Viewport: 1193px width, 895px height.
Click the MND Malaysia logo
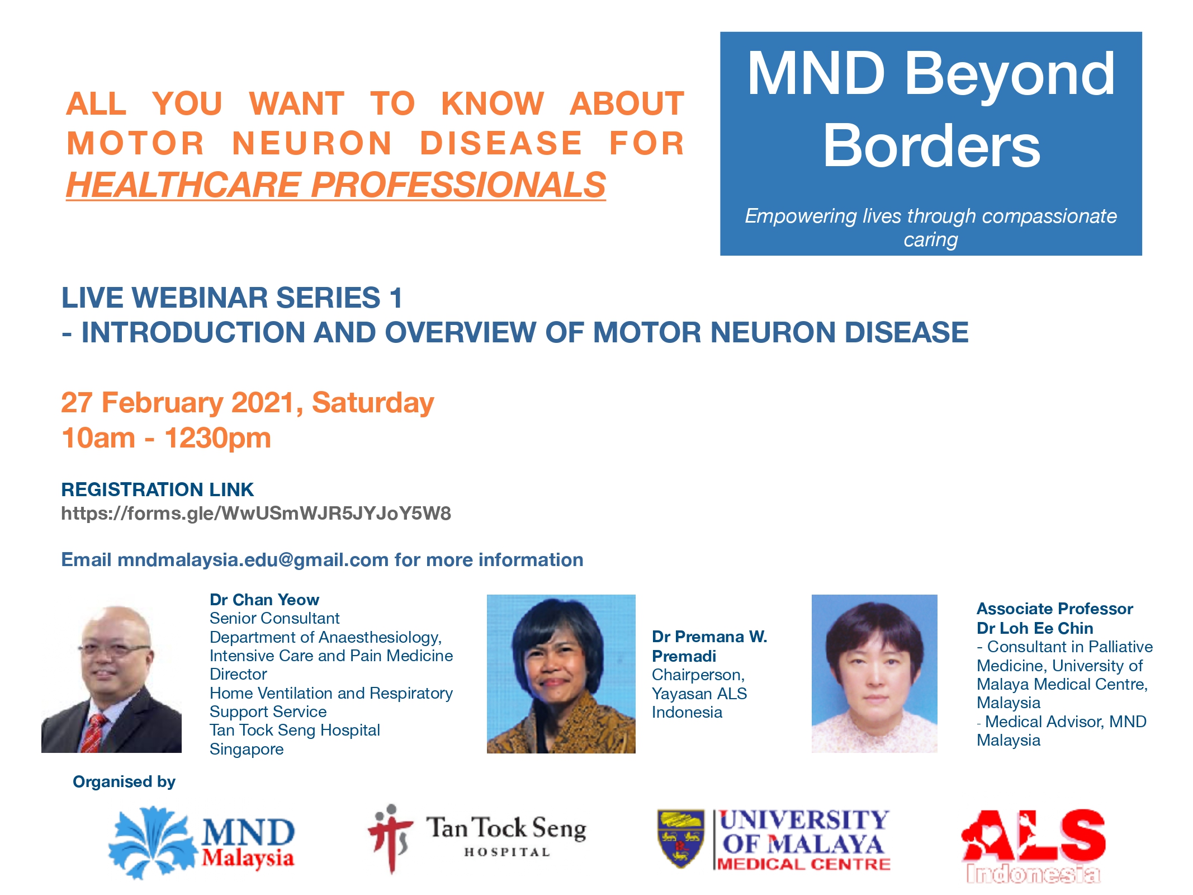tap(201, 842)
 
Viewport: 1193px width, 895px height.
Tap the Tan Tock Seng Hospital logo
tap(476, 839)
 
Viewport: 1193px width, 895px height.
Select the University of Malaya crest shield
tap(680, 839)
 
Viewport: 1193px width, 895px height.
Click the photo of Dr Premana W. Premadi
tap(561, 673)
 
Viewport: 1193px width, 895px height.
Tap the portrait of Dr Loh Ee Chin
tap(874, 673)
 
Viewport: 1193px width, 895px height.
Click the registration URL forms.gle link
tap(256, 513)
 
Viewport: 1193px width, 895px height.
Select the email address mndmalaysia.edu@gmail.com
tap(253, 559)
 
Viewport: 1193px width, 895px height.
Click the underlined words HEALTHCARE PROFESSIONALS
tap(336, 185)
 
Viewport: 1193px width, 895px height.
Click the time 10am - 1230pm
tap(166, 438)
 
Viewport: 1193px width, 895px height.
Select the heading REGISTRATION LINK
tap(157, 489)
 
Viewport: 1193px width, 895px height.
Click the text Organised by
tap(124, 781)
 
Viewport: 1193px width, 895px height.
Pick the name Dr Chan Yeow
tap(264, 600)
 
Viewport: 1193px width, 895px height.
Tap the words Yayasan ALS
tap(699, 694)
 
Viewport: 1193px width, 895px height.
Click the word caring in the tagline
tap(931, 240)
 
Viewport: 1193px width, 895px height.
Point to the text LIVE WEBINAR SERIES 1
tap(232, 298)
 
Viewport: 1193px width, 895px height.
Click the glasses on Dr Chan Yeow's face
tap(114, 649)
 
